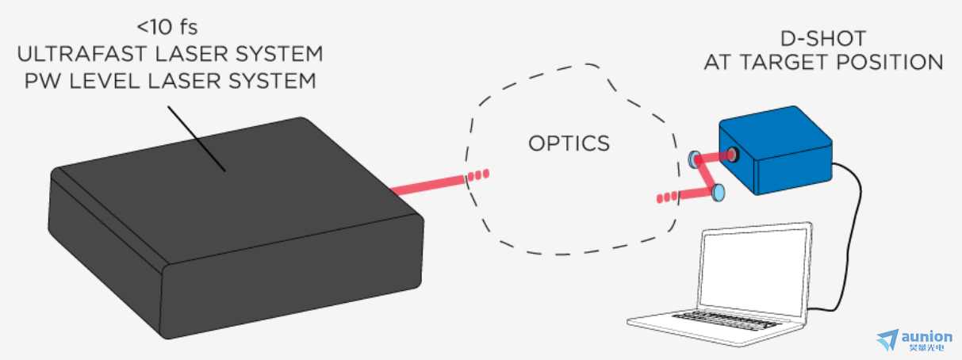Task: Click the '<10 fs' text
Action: click(x=167, y=28)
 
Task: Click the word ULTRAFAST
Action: click(x=82, y=54)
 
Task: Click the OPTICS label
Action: click(x=569, y=144)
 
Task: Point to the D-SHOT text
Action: click(x=823, y=39)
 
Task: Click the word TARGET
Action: click(x=785, y=63)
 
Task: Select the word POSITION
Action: click(x=890, y=63)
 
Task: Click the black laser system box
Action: click(x=236, y=228)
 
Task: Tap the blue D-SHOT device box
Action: click(x=776, y=151)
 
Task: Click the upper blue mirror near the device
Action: click(x=694, y=159)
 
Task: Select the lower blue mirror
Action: click(x=718, y=193)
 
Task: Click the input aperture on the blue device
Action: click(x=733, y=154)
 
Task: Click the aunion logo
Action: click(x=914, y=340)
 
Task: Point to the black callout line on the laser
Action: click(x=197, y=139)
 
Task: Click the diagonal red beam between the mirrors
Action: click(x=707, y=176)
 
